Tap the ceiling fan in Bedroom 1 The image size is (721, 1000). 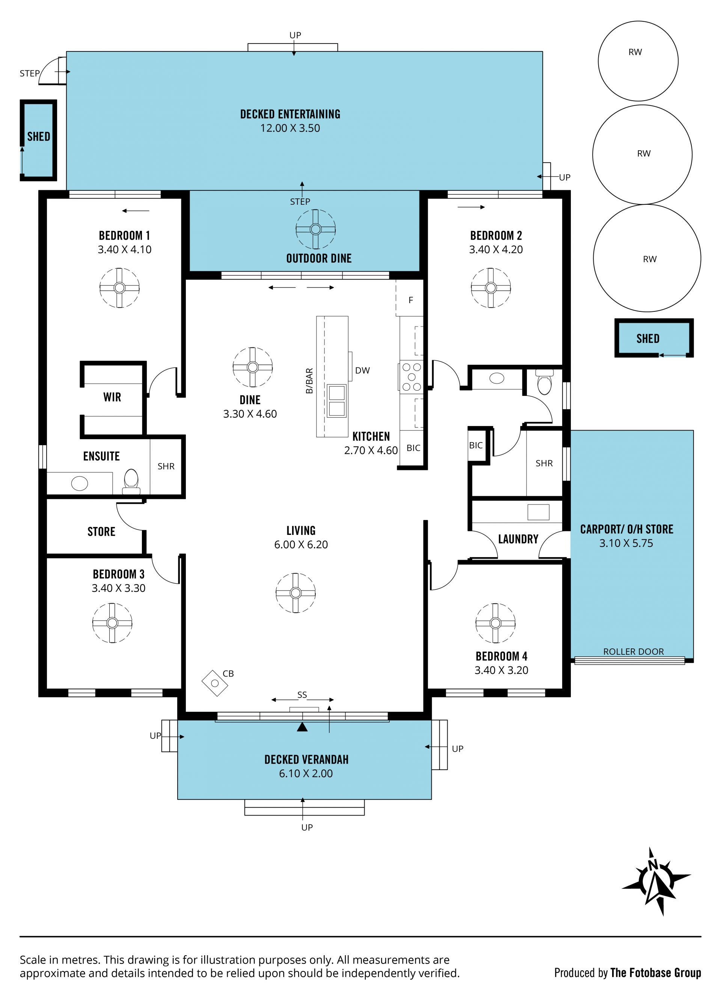coord(119,288)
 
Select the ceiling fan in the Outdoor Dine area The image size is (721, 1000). coord(315,229)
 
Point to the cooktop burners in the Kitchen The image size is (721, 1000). coord(412,377)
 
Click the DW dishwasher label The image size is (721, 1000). coord(362,370)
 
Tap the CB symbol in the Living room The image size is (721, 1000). coord(215,683)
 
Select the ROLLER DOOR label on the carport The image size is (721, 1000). coord(633,651)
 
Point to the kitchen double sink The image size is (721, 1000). coord(337,400)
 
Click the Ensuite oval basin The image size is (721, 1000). coord(79,483)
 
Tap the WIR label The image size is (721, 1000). coord(112,397)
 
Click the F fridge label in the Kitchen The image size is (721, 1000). coord(411,300)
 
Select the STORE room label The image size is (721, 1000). coord(101,532)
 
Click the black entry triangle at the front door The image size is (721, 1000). coord(302,727)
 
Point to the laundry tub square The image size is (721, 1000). coord(538,512)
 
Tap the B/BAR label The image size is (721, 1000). coord(309,381)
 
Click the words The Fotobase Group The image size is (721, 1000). coord(656,973)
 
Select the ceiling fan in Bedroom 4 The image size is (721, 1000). coord(495,623)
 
